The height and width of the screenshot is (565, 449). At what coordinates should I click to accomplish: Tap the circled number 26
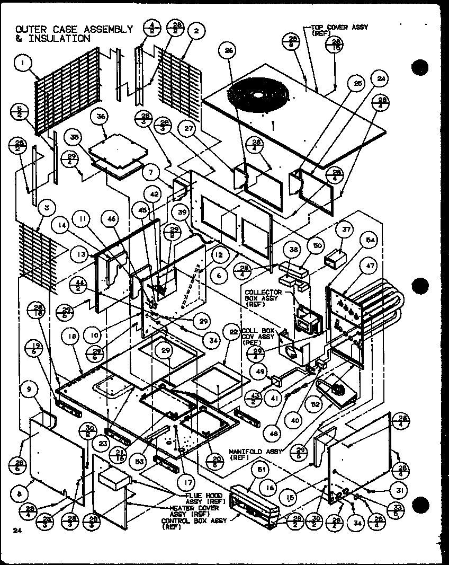tap(229, 51)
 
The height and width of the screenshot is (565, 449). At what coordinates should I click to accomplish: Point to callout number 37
tap(346, 231)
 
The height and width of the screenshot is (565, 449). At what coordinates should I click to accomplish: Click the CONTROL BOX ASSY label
tap(193, 521)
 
